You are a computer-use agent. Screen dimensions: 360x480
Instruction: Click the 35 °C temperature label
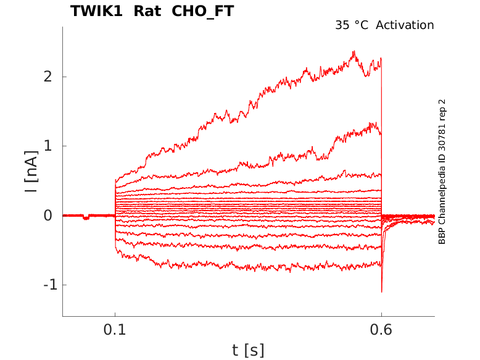tap(352, 25)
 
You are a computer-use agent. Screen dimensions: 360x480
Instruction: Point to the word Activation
tap(405, 25)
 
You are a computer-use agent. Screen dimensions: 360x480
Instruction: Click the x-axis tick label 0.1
tap(115, 330)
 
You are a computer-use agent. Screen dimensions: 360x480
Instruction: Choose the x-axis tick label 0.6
tap(381, 330)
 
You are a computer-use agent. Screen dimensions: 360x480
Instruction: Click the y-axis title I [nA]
tap(31, 174)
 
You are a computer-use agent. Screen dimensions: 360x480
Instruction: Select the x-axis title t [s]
tap(248, 351)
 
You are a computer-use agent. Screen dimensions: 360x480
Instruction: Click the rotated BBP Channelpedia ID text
tap(442, 172)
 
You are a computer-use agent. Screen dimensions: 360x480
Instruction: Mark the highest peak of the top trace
tap(354, 52)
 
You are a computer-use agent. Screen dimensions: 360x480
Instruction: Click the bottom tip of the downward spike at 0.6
tap(382, 291)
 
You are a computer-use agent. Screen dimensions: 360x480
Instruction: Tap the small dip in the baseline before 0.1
tap(86, 218)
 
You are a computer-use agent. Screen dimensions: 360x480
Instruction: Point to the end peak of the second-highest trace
tap(374, 123)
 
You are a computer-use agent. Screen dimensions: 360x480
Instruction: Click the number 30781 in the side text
tap(442, 141)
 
